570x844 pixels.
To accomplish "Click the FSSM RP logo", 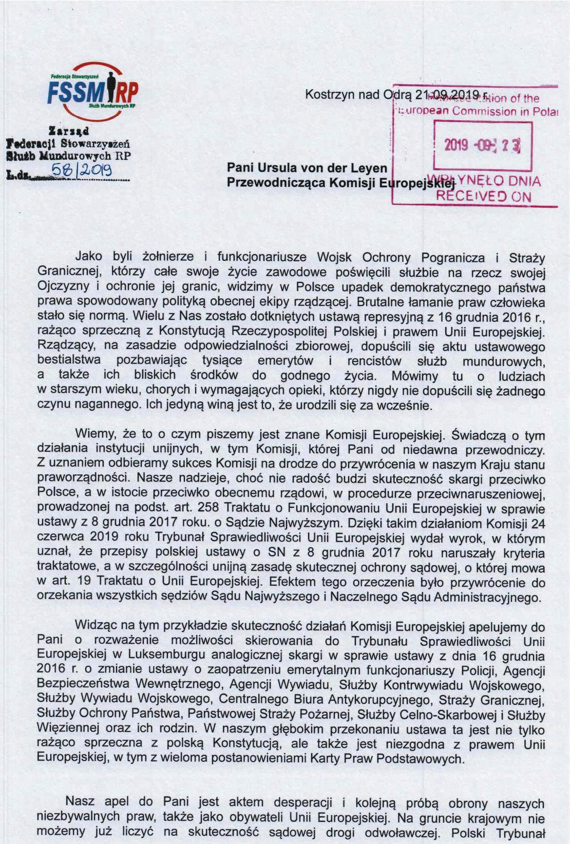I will click(x=92, y=92).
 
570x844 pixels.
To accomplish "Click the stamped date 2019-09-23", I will click(x=482, y=145).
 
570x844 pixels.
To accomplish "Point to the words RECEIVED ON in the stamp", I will click(x=483, y=196).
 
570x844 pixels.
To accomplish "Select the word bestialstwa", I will click(x=69, y=361).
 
